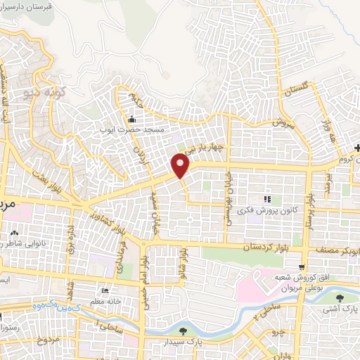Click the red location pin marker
(x=180, y=166)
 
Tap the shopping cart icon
(x=301, y=267)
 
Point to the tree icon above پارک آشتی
(x=340, y=297)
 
